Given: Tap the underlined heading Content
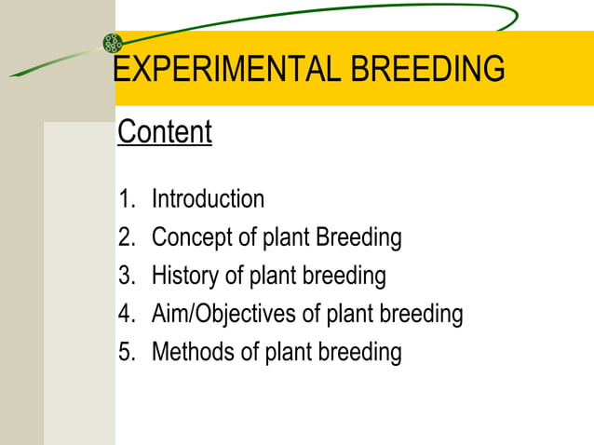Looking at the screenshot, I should pyautogui.click(x=165, y=132).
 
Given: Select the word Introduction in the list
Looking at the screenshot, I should pyautogui.click(x=208, y=199).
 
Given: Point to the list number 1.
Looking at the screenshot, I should pyautogui.click(x=125, y=199).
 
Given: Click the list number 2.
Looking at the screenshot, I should pyautogui.click(x=126, y=237).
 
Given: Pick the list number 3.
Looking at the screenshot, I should pyautogui.click(x=126, y=276).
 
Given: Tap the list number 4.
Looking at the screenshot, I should pyautogui.click(x=126, y=314).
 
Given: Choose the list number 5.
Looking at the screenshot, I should pyautogui.click(x=126, y=352).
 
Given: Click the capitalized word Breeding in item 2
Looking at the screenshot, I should pyautogui.click(x=358, y=237).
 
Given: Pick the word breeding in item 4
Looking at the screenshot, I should pyautogui.click(x=420, y=314).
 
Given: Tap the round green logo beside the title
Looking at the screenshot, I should pyautogui.click(x=113, y=43).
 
